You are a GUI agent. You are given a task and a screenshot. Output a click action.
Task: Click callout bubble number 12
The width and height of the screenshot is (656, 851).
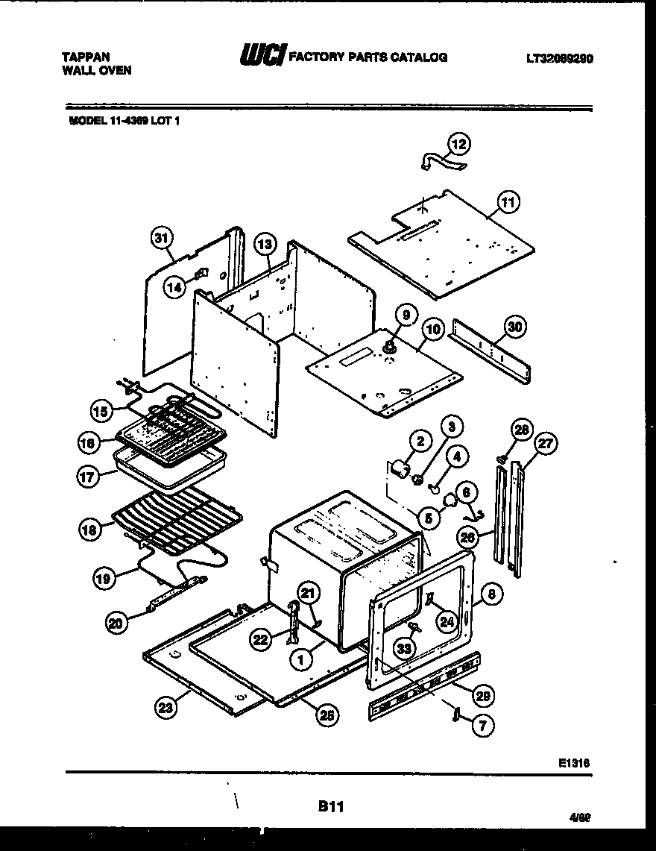[x=460, y=143]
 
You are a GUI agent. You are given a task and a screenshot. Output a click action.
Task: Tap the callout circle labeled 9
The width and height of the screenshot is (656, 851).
[x=406, y=315]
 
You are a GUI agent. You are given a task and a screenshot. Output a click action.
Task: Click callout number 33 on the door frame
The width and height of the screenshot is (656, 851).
[x=404, y=648]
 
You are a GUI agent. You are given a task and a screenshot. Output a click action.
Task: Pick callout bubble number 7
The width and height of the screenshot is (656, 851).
[x=482, y=723]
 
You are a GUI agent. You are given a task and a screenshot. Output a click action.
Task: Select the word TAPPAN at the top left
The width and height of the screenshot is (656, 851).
[x=86, y=56]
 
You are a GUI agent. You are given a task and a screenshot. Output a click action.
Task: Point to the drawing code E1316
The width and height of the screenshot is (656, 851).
[x=575, y=762]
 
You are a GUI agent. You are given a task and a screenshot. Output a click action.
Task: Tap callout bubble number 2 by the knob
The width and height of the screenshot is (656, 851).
[x=420, y=442]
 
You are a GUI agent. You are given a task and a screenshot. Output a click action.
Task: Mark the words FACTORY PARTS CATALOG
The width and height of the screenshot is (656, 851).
[x=368, y=57]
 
